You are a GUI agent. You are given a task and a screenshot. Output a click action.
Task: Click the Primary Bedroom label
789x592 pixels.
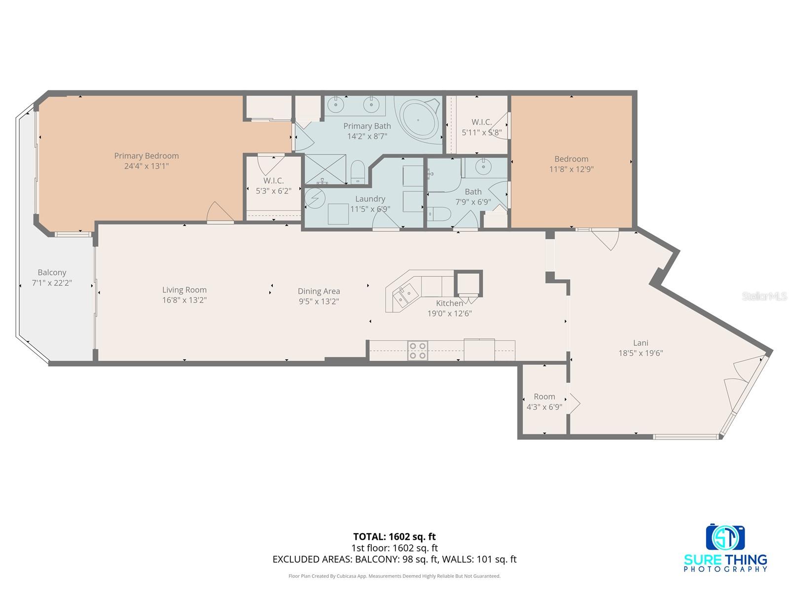[146, 156]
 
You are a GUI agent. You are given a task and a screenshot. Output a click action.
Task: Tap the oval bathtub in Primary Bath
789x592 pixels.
[419, 119]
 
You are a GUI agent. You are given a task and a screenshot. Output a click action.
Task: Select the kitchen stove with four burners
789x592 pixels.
[417, 351]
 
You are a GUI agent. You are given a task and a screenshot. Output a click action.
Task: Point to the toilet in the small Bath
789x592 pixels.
[439, 214]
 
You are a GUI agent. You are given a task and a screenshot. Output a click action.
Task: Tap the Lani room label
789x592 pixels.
[641, 343]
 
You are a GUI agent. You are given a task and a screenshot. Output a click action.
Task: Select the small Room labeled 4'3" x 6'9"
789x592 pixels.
[544, 402]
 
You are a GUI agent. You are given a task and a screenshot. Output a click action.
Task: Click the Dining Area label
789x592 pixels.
[319, 292]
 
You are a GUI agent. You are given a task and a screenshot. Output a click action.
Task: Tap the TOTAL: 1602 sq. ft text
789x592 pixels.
[394, 537]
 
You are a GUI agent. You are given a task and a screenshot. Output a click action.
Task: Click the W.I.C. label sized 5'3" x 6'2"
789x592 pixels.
[273, 181]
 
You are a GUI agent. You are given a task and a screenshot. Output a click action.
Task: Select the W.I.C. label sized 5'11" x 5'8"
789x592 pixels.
[481, 122]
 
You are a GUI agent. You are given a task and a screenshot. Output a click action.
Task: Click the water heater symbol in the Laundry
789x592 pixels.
[312, 198]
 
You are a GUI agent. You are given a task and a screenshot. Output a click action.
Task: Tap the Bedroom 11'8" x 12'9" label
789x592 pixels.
[571, 159]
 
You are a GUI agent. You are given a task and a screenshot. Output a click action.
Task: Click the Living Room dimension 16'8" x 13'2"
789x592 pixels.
[184, 300]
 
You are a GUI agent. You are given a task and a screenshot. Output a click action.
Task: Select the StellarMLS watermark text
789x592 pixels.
[764, 296]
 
